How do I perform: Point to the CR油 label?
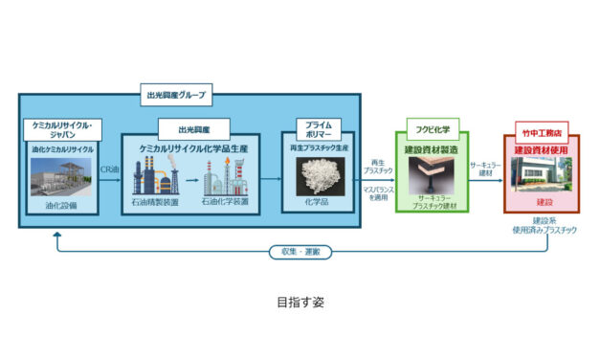point(110,169)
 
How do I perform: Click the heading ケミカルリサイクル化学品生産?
point(192,147)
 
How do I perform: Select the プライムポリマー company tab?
point(317,130)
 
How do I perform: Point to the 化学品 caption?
point(317,203)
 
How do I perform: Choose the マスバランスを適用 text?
point(376,192)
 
